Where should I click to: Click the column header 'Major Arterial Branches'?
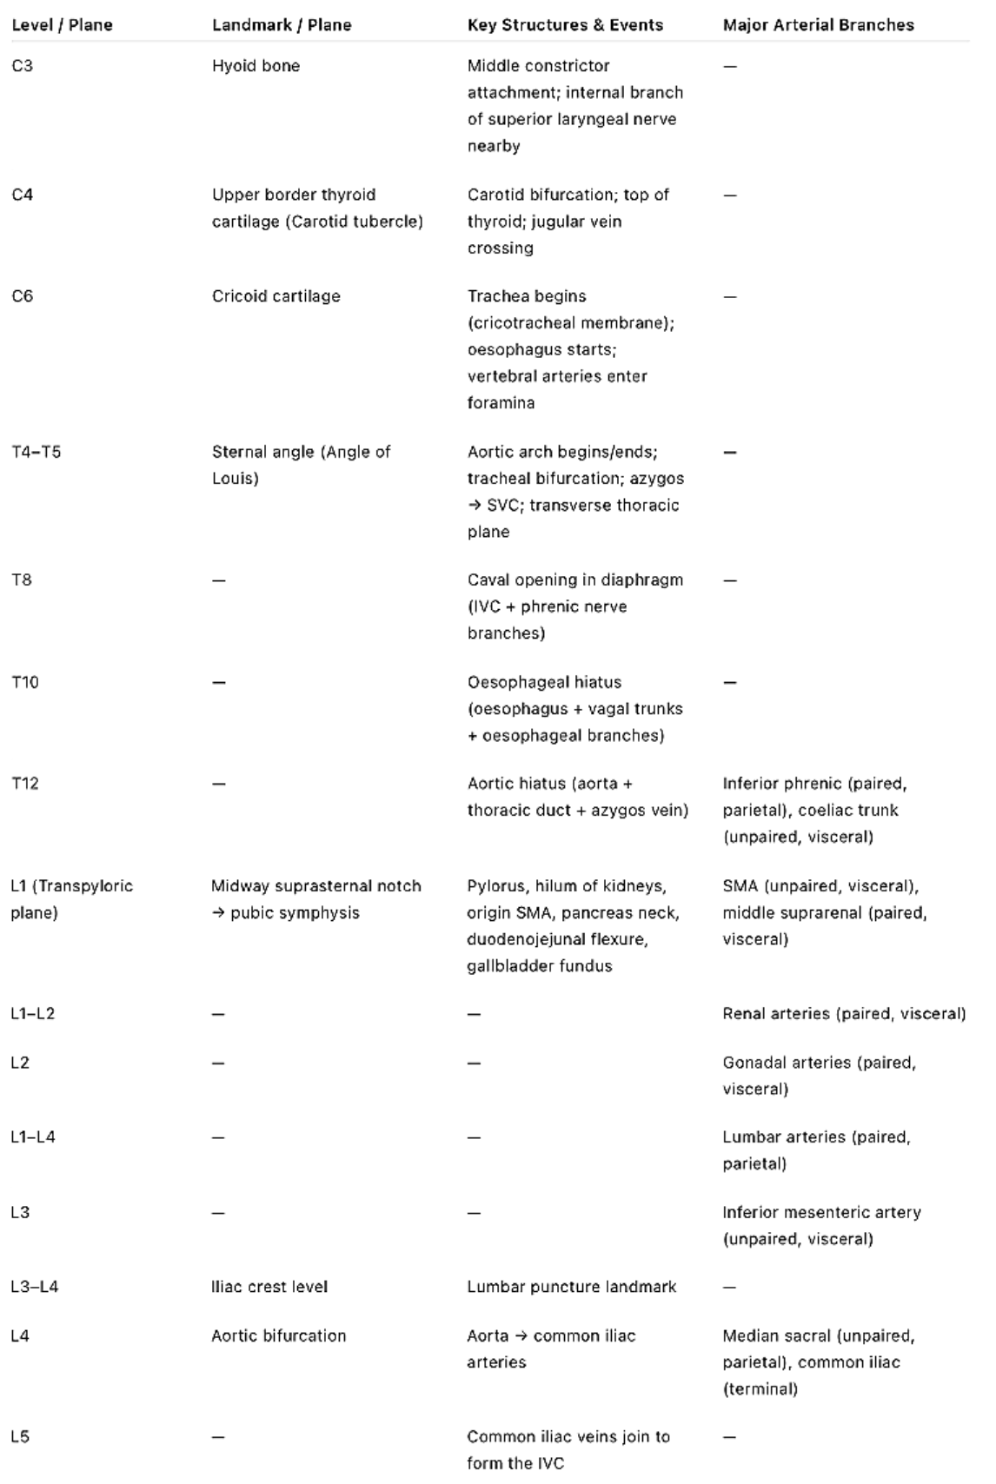tap(818, 25)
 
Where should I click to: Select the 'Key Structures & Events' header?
tap(565, 25)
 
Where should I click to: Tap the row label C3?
tap(23, 66)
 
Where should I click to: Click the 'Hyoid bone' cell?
tap(256, 66)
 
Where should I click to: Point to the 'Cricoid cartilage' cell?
tap(276, 296)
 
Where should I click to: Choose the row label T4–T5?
tap(37, 452)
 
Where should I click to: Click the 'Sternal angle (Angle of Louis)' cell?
tap(301, 465)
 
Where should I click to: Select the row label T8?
tap(22, 580)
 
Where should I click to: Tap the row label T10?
tap(25, 682)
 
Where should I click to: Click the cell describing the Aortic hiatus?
tap(577, 797)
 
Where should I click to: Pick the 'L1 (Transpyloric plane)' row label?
tap(71, 899)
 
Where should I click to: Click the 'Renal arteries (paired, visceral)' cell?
tap(844, 1013)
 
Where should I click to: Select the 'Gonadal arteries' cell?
tap(819, 1076)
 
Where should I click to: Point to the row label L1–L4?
tap(33, 1136)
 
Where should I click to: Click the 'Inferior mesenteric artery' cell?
tap(821, 1225)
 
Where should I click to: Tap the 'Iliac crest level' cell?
tap(269, 1287)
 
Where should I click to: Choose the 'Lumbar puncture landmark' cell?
tap(571, 1287)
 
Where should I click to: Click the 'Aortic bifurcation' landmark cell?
tap(278, 1335)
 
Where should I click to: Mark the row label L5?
tap(20, 1437)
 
